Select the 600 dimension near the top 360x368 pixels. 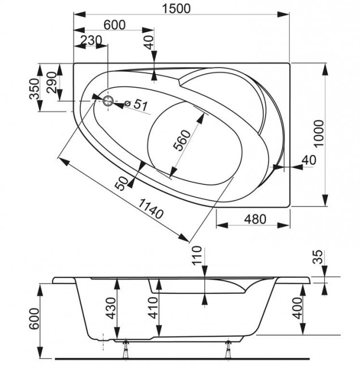click(x=114, y=25)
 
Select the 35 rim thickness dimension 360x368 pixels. click(x=319, y=258)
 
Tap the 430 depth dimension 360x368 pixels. click(x=110, y=308)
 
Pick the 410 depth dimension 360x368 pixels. click(x=151, y=308)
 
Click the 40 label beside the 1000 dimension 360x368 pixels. click(x=308, y=160)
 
